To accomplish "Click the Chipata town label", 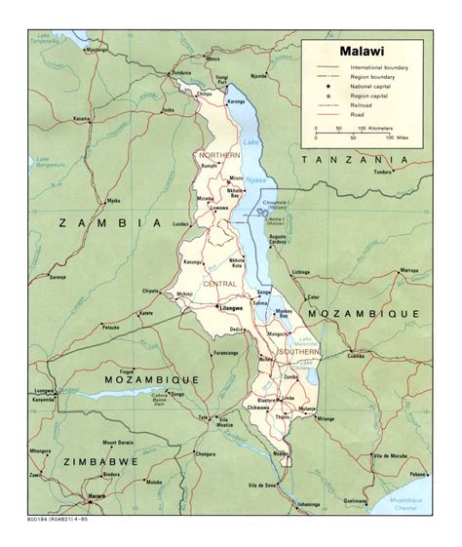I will coord(152,290).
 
